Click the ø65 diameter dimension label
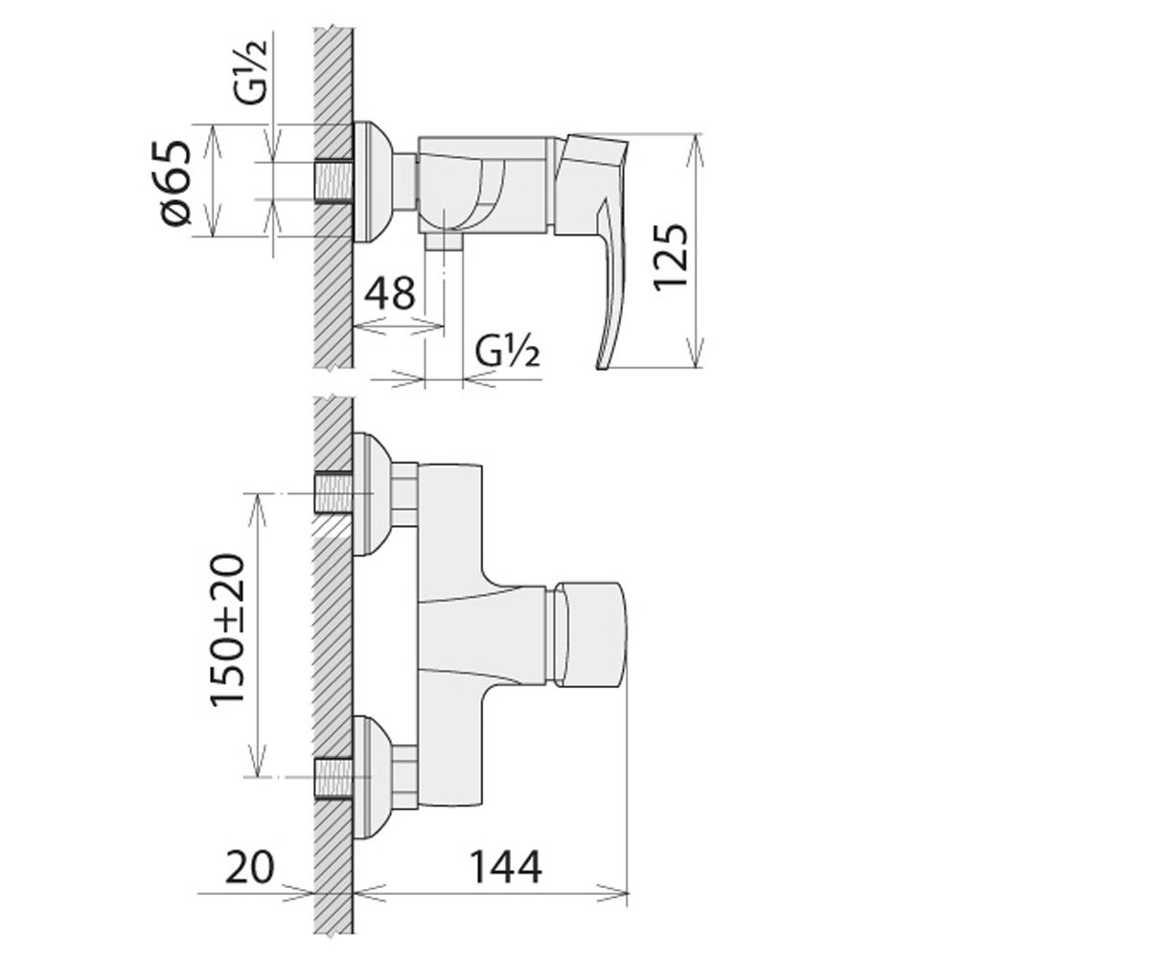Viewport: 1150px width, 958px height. pyautogui.click(x=176, y=183)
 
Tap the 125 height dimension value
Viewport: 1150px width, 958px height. pyautogui.click(x=670, y=256)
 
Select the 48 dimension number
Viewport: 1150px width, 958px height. pyautogui.click(x=390, y=293)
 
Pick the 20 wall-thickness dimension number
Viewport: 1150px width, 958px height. pyautogui.click(x=249, y=867)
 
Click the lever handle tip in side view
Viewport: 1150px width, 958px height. pyautogui.click(x=603, y=363)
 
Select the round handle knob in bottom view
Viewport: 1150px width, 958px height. pyautogui.click(x=591, y=633)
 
